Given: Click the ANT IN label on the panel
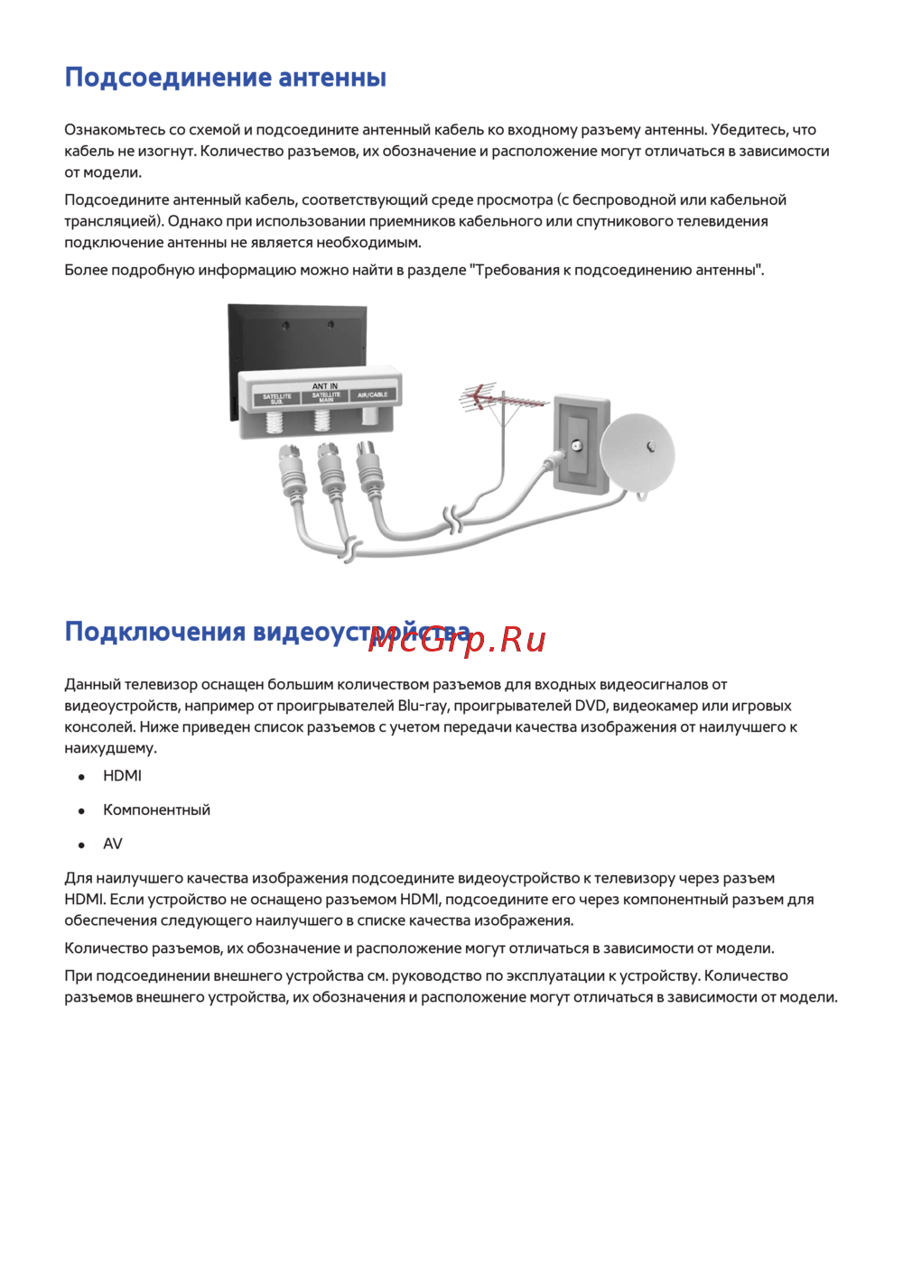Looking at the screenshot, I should coord(325,385).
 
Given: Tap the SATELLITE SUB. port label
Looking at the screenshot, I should coord(277,398).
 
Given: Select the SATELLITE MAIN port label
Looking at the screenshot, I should coord(326,396).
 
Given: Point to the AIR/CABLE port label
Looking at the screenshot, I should coord(372,394).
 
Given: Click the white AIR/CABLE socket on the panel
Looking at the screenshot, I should coord(369,416).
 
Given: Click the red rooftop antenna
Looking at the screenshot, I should coord(501,399).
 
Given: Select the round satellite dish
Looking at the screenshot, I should coord(638,452).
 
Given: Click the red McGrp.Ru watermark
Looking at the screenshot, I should coord(458,639).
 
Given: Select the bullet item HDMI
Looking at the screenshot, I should coord(122,776).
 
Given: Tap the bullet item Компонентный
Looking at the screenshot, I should coord(156,810).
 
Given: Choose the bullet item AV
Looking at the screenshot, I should coord(113,845).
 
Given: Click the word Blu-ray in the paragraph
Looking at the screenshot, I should coord(422,706).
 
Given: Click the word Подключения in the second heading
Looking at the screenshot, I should coord(154,632).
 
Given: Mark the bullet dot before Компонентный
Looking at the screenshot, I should coord(82,811).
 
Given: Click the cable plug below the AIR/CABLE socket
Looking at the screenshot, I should coord(369,469).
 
